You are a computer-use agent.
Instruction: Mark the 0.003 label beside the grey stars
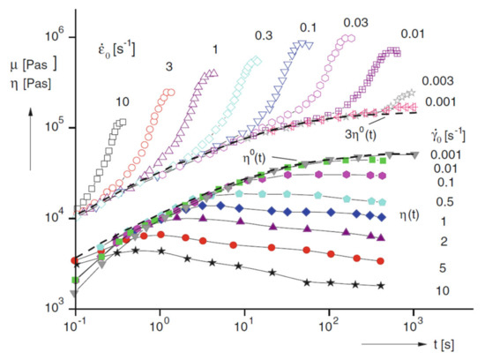coord(435,79)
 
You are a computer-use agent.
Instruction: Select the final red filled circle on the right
coord(377,261)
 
